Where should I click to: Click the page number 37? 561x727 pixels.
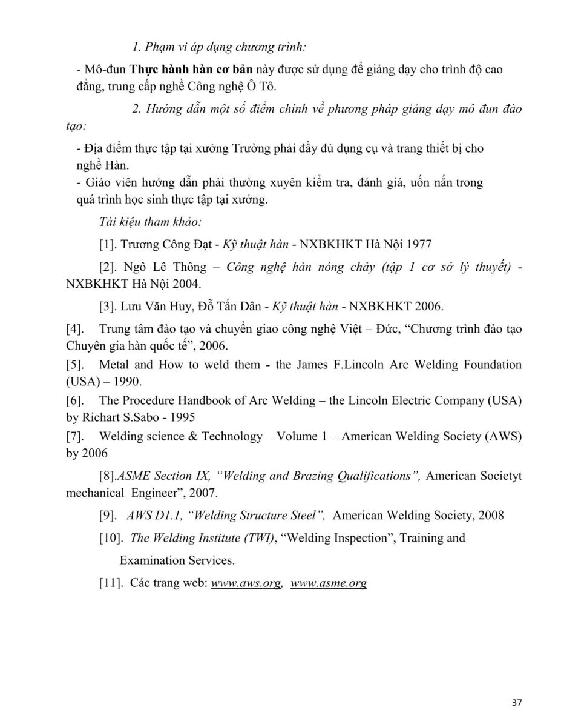tap(516, 702)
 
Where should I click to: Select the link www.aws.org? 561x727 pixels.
tap(246, 583)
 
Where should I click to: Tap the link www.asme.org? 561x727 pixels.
tap(329, 583)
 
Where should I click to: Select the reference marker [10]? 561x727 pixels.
tap(111, 537)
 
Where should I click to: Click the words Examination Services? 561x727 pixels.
tap(177, 560)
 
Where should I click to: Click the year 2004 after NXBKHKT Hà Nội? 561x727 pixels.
tap(188, 283)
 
